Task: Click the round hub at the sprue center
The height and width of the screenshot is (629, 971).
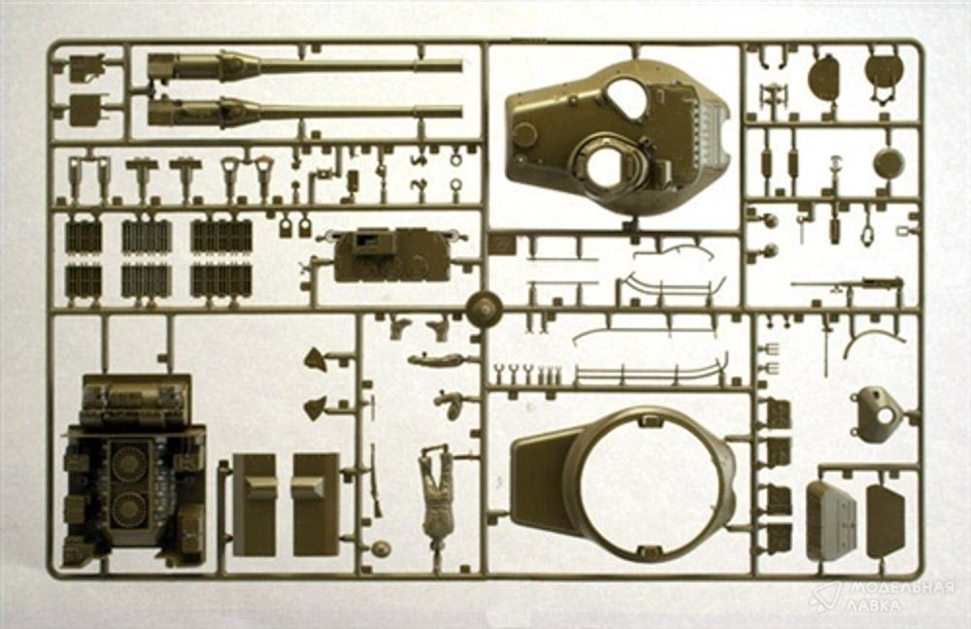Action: (484, 308)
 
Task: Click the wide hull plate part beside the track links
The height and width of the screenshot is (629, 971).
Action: (390, 255)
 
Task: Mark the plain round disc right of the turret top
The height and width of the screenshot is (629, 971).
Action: (889, 161)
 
